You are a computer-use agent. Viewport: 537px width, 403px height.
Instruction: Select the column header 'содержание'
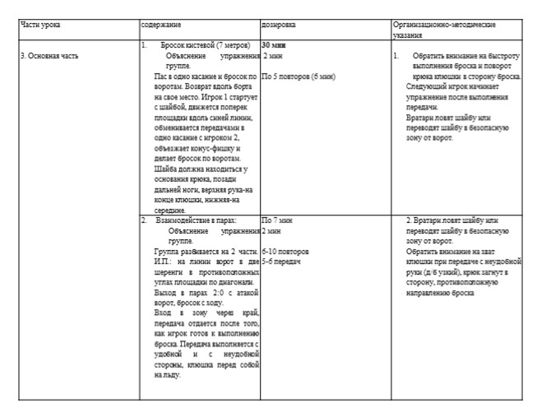coord(162,24)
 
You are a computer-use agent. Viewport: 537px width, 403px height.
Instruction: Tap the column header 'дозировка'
coord(279,25)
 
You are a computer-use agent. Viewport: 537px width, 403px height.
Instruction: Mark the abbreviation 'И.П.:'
coord(165,262)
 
